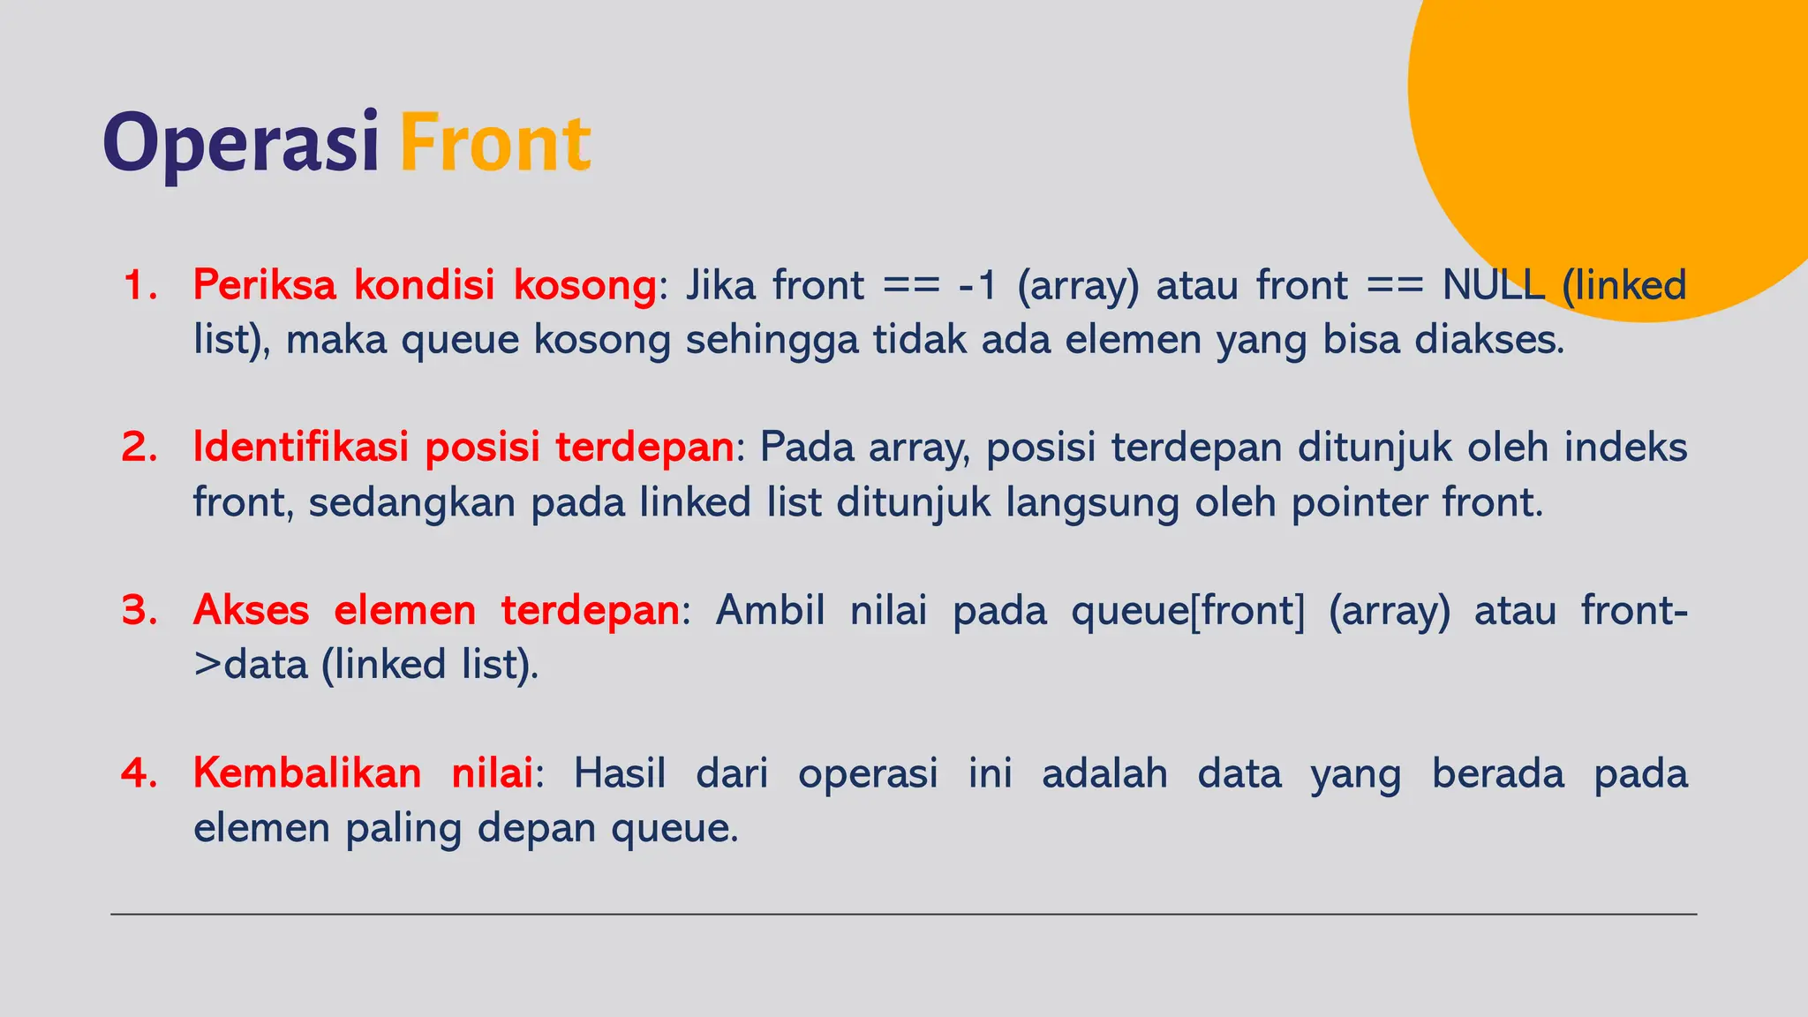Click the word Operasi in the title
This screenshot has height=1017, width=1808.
point(240,144)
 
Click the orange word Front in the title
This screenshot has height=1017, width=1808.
point(494,144)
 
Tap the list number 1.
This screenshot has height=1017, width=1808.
point(139,286)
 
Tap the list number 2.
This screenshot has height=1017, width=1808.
point(139,448)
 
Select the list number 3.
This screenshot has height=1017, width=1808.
point(139,610)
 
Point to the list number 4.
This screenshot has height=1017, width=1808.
point(139,773)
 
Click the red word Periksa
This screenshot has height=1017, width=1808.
point(265,286)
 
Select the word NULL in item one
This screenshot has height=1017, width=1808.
point(1493,286)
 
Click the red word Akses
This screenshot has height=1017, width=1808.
point(251,610)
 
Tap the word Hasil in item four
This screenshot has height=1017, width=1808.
point(619,773)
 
